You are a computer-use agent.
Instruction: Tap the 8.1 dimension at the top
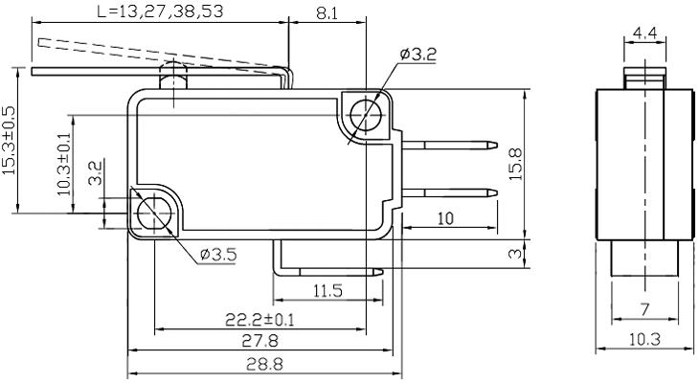click(x=326, y=12)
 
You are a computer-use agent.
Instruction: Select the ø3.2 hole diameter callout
click(x=417, y=55)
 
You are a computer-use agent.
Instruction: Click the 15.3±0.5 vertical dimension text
click(x=9, y=140)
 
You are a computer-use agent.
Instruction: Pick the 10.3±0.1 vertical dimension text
click(x=64, y=163)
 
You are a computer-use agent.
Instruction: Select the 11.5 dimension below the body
click(x=327, y=291)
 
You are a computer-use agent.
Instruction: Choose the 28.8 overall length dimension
click(x=261, y=364)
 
